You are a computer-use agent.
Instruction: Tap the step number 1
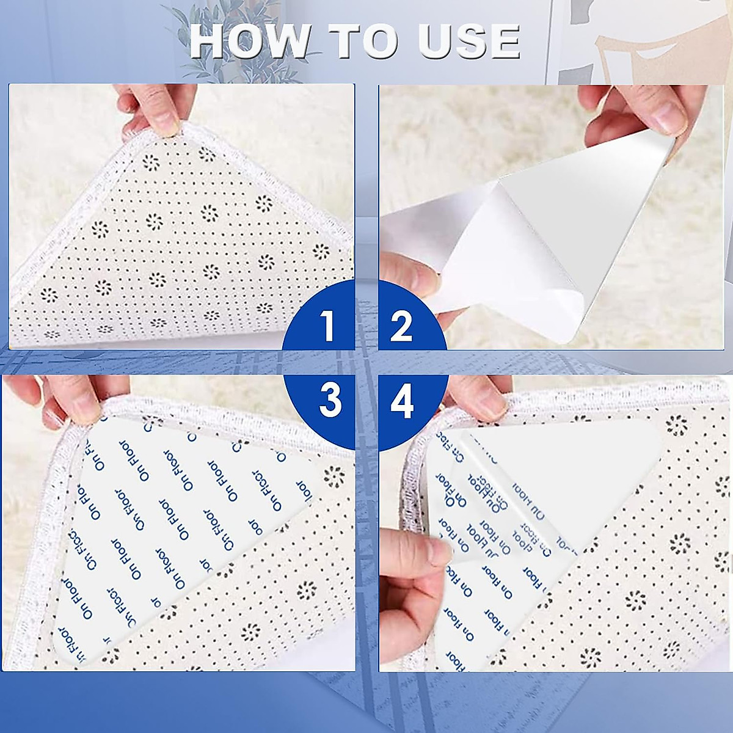point(329,326)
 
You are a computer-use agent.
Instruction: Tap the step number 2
point(401,326)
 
